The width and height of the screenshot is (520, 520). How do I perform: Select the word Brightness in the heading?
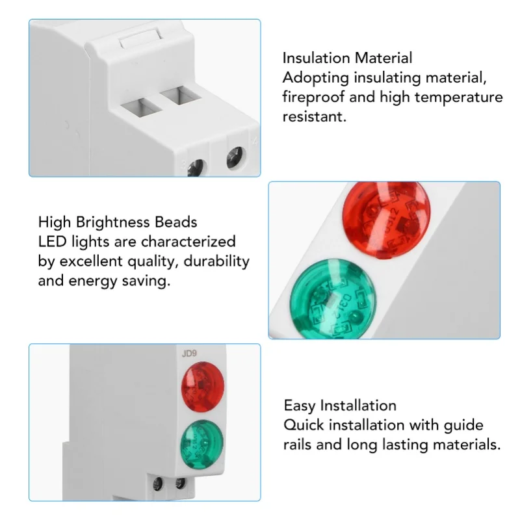click(115, 222)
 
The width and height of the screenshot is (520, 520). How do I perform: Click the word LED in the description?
click(52, 242)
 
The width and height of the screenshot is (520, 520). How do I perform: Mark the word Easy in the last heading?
click(299, 406)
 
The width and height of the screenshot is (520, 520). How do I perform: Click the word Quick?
click(304, 425)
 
